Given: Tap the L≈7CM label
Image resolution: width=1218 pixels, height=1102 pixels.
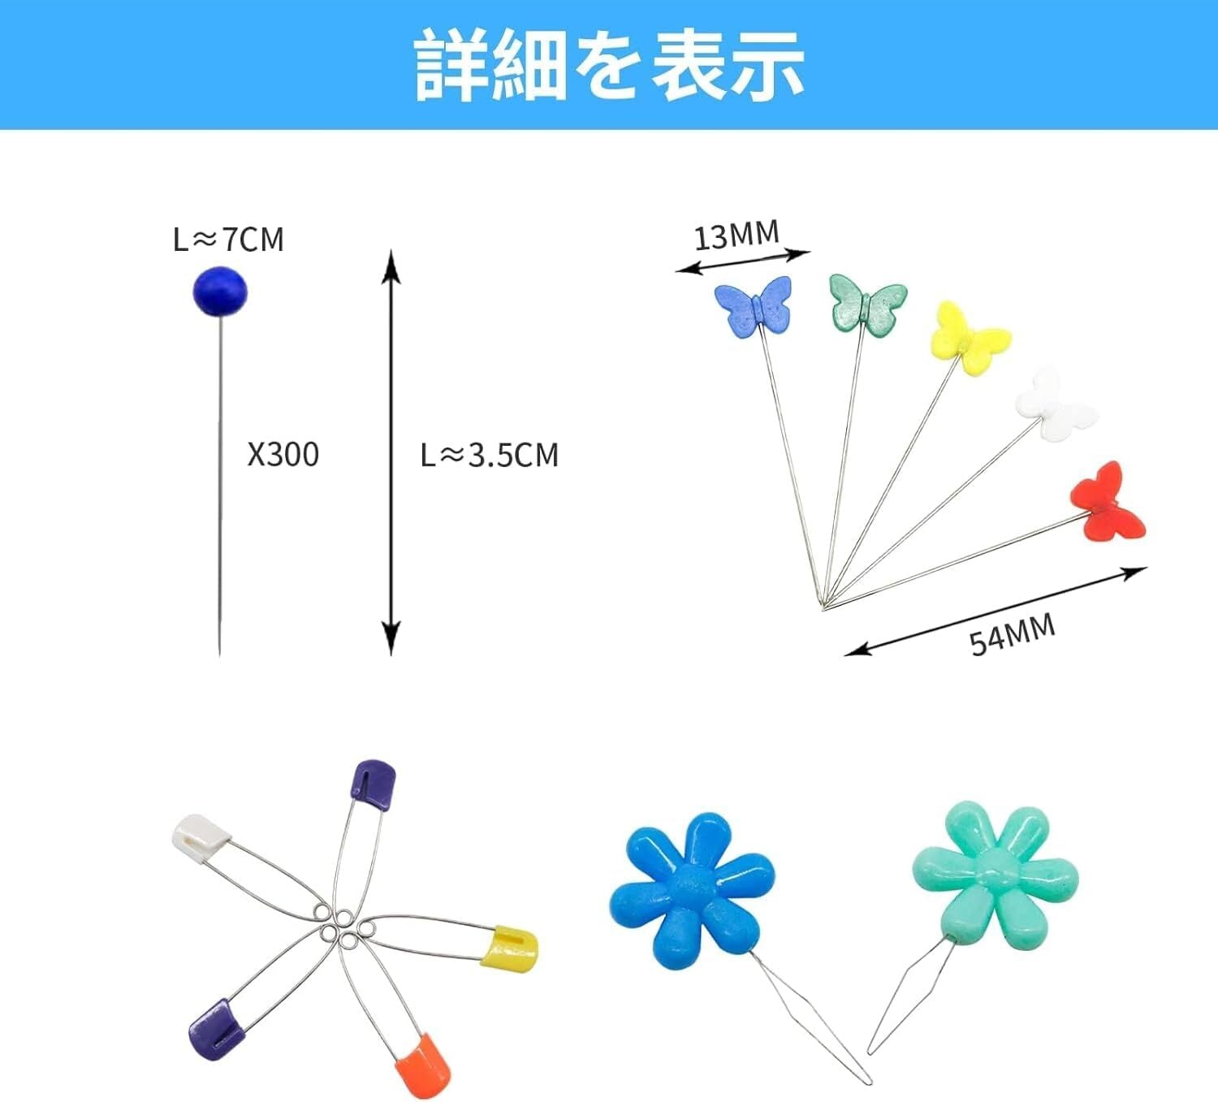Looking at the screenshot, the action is tap(228, 240).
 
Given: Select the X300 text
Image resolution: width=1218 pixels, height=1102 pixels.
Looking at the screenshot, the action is tap(283, 454).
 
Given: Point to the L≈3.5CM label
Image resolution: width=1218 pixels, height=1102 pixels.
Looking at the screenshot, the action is tap(489, 455).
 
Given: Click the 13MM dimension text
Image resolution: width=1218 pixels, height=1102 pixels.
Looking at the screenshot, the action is tap(736, 236).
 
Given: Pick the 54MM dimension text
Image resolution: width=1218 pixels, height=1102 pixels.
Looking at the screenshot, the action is tap(1012, 634).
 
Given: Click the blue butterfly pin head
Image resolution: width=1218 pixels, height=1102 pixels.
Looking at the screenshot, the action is tap(753, 306).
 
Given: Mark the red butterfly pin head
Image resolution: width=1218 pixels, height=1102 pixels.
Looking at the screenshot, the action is tap(1108, 503).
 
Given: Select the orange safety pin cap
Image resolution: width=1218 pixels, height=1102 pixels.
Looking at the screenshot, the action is tap(423, 1065).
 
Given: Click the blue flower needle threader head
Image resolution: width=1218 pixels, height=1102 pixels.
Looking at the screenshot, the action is tap(691, 890).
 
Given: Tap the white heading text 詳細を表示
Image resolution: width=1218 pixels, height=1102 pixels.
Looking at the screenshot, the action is tap(609, 65).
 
